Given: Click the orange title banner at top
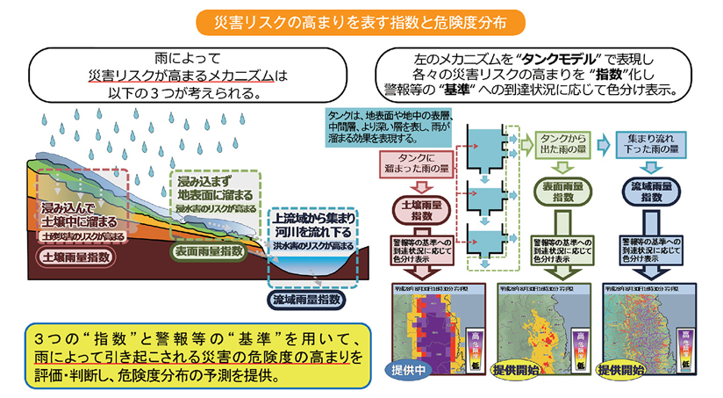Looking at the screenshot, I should click(x=361, y=19).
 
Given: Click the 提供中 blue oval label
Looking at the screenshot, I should click(x=408, y=370).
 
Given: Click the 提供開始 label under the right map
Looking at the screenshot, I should click(x=624, y=370).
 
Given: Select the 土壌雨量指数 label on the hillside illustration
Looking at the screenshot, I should click(x=76, y=257).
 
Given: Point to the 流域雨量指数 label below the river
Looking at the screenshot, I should click(x=305, y=300).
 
